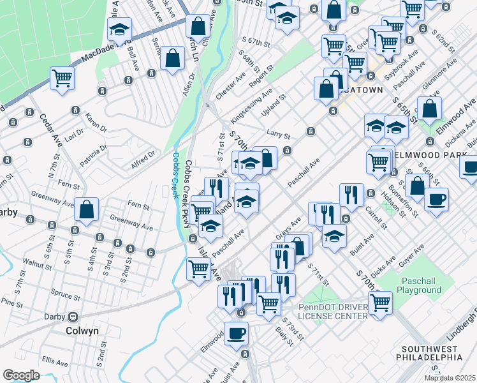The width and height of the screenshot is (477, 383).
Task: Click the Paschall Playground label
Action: coord(421,285)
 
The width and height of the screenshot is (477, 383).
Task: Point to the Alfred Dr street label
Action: coord(143,158)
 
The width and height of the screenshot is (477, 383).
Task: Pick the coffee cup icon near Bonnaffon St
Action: coord(436,199)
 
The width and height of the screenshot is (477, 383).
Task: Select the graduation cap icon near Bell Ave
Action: coord(119,29)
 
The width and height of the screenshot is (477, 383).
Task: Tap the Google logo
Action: coord(21,375)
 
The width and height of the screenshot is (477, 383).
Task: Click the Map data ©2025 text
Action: coord(450,378)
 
